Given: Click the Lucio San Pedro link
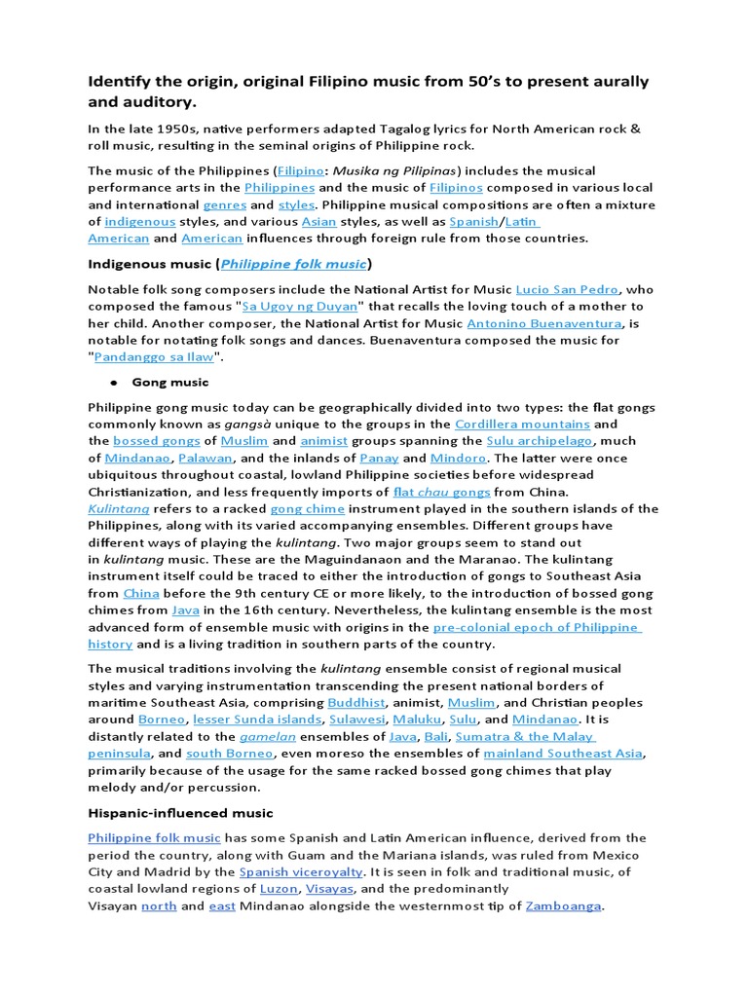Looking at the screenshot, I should coord(570,289).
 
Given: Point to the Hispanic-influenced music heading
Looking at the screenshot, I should coord(180,813).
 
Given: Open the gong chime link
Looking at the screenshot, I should coord(301,509).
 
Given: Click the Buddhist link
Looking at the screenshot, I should coord(356,702).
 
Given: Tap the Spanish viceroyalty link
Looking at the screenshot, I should coord(302,872).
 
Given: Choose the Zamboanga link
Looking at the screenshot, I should coord(564,906).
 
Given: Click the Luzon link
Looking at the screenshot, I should coord(279,889).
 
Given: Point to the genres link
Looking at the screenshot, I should coord(223,205).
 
